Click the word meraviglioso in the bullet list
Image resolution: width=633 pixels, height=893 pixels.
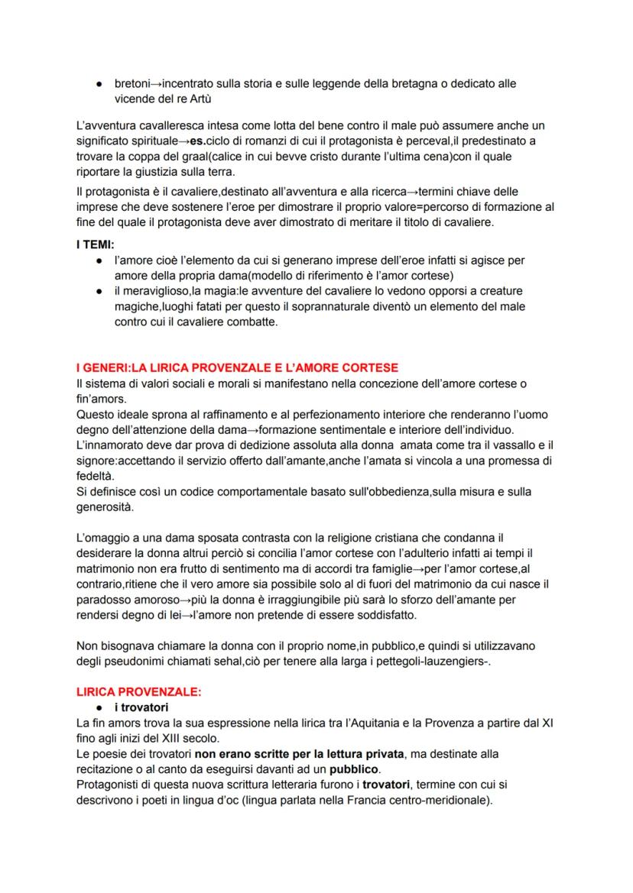pyautogui.click(x=156, y=291)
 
